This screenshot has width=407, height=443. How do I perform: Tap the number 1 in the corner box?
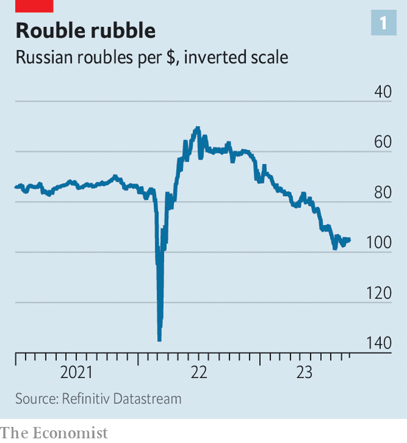click(x=384, y=23)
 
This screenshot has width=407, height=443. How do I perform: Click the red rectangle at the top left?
click(x=33, y=5)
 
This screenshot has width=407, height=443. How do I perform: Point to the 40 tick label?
click(x=383, y=92)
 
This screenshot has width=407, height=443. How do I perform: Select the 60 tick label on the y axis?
click(x=383, y=143)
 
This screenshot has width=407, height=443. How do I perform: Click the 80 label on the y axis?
click(x=383, y=193)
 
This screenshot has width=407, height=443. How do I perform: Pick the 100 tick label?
click(x=380, y=243)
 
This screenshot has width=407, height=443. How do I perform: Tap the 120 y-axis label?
click(x=380, y=293)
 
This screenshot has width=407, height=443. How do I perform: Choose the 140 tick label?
click(x=380, y=343)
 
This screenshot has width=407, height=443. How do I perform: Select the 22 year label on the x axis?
click(x=199, y=372)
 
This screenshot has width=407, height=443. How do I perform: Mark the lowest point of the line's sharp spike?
click(x=159, y=339)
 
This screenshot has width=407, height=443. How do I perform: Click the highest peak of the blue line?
click(x=197, y=127)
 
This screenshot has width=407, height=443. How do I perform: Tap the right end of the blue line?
click(x=349, y=239)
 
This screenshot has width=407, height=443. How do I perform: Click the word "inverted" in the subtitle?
click(x=214, y=58)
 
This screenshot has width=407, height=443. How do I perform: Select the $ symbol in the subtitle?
click(x=173, y=58)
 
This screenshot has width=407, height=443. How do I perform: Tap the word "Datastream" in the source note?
click(x=150, y=399)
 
